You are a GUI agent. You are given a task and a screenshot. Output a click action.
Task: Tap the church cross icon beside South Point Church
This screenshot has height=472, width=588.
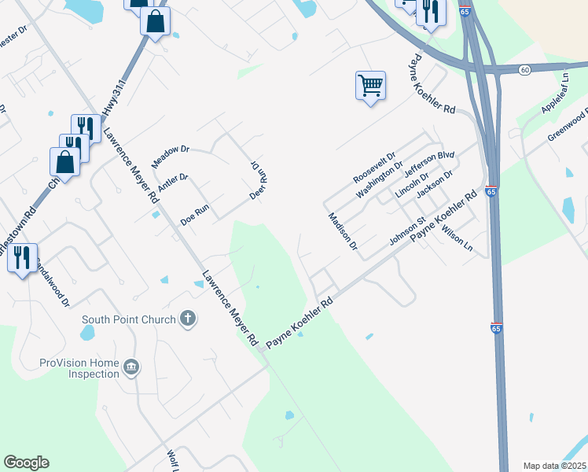tap(187, 319)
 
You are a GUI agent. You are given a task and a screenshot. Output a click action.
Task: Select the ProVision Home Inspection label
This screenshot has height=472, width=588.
tap(79, 368)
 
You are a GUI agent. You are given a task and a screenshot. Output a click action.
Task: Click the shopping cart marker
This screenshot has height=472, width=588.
tap(370, 84)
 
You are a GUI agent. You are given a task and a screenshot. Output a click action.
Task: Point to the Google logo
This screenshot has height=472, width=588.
tap(26, 463)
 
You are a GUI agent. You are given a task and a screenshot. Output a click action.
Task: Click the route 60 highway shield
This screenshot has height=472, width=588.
tap(524, 70)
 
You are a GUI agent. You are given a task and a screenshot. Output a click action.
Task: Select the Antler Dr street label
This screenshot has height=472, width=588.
tap(173, 183)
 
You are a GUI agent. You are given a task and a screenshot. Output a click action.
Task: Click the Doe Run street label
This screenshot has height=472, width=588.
tap(195, 216)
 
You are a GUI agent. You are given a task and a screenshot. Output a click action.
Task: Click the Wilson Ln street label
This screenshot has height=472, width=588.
tap(458, 239)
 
